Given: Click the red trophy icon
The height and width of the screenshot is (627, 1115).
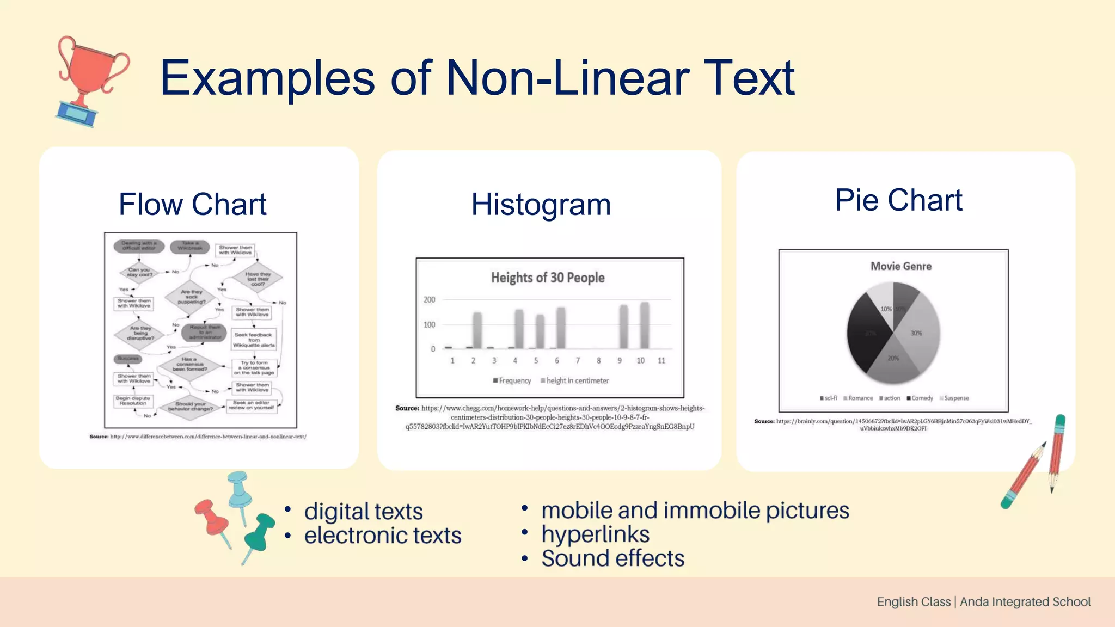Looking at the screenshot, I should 90,79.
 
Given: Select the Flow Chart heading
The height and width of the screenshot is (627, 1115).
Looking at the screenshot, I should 192,205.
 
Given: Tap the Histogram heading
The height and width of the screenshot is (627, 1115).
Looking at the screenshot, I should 541,205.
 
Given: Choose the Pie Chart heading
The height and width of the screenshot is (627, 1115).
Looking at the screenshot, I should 898,200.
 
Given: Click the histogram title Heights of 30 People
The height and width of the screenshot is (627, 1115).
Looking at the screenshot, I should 548,278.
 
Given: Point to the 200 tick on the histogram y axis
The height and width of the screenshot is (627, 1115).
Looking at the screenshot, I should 430,300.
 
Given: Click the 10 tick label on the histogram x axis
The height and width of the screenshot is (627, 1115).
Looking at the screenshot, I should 640,361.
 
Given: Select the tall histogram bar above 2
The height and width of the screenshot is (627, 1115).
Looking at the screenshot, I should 477,330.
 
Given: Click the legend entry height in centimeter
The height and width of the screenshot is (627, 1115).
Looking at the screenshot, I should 577,381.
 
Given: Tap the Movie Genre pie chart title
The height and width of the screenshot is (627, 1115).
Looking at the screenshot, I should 900,266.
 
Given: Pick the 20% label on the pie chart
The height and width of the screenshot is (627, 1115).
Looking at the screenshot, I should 893,358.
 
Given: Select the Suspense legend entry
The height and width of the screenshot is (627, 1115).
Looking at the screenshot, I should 956,398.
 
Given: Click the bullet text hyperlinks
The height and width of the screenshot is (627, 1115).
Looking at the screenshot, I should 595,534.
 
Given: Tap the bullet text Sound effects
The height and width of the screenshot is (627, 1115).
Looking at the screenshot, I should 612,558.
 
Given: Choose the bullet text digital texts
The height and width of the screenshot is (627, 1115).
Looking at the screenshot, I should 363,512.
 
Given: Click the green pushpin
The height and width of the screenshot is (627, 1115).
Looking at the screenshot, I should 259,534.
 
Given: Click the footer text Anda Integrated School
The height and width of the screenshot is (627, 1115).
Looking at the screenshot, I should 1025,602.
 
